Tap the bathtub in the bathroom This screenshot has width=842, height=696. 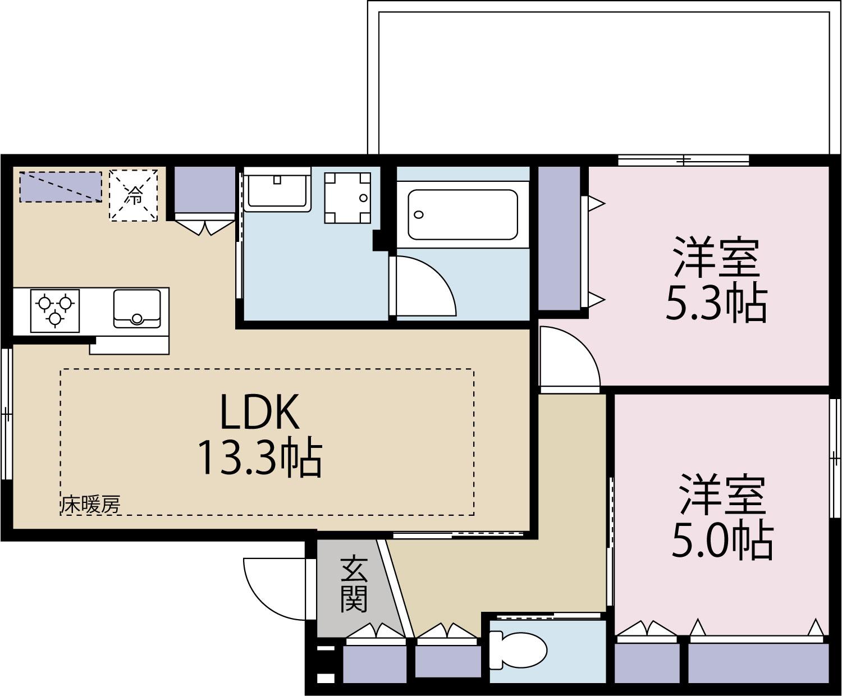click(x=463, y=214)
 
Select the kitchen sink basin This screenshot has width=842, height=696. click(x=136, y=308)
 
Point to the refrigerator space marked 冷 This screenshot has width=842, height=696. click(x=134, y=195)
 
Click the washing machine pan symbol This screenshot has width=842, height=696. click(x=347, y=198)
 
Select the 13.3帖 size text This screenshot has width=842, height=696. click(x=259, y=457)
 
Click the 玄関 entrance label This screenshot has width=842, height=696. click(x=354, y=584)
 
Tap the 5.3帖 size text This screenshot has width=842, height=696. click(x=716, y=304)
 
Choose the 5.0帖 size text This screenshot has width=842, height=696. click(x=722, y=541)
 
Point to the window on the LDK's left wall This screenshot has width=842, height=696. click(x=6, y=414)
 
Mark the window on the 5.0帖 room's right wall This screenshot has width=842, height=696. click(x=835, y=457)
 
